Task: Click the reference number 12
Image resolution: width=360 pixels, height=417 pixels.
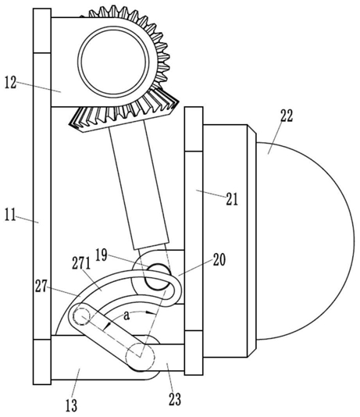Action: tap(11, 83)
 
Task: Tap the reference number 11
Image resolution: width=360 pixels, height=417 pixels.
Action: tap(10, 215)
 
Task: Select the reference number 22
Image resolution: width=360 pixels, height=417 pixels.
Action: tap(287, 116)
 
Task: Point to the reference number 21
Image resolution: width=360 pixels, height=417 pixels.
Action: tap(232, 199)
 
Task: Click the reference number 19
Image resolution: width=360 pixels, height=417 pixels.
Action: tap(102, 255)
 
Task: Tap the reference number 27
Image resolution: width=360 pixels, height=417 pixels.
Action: tap(41, 287)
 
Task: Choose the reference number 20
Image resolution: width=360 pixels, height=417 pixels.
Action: tap(219, 260)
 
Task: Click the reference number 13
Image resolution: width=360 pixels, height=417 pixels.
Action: tap(71, 405)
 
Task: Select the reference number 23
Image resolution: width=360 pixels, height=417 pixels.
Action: tap(175, 399)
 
